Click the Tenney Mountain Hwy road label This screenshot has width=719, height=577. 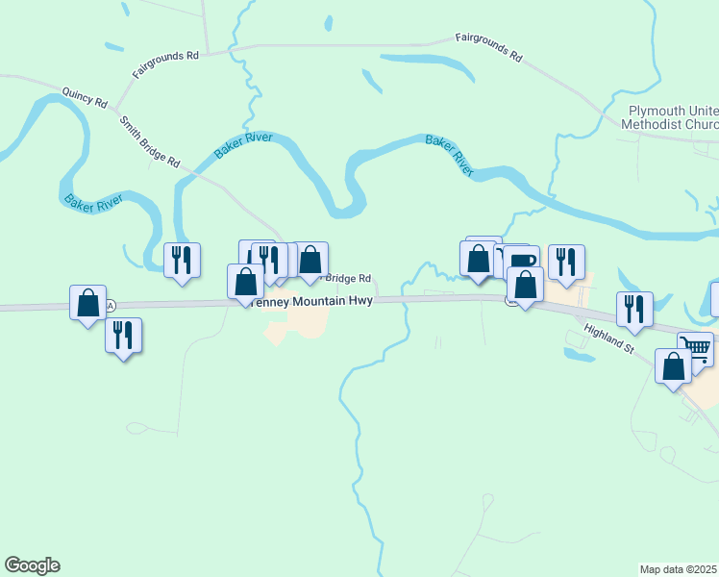(x=310, y=301)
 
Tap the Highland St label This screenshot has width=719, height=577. (x=608, y=339)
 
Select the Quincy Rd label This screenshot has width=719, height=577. (x=82, y=98)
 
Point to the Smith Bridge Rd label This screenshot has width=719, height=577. (x=150, y=142)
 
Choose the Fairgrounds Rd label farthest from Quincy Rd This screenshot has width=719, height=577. (x=488, y=48)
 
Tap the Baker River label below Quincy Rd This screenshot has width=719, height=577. (x=95, y=203)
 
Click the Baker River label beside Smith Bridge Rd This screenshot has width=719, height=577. (x=243, y=145)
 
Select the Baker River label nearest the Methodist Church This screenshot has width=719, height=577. (x=450, y=155)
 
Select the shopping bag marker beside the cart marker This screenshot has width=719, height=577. (x=673, y=365)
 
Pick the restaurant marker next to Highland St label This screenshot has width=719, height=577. (x=634, y=309)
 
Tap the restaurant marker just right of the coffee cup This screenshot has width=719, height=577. (x=566, y=261)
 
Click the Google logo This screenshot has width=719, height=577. (x=33, y=565)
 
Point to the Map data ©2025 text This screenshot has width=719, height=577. (x=678, y=569)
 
